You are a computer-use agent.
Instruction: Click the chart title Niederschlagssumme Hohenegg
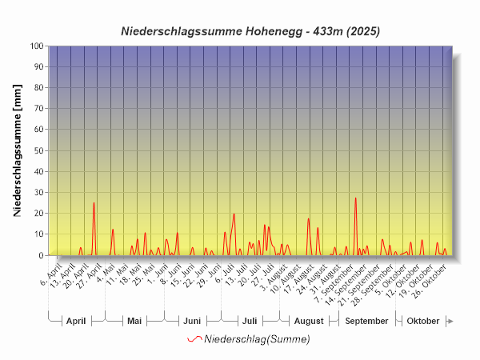tap(250, 32)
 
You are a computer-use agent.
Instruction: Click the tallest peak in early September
tap(356, 198)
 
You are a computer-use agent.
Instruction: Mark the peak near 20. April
tap(94, 203)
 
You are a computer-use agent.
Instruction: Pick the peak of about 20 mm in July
tap(234, 214)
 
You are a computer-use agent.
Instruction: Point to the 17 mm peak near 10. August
tap(308, 219)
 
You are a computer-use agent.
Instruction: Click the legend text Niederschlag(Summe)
tap(257, 339)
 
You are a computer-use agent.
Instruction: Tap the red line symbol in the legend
tap(194, 339)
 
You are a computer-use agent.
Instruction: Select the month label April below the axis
tap(76, 321)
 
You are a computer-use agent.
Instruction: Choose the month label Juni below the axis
tap(192, 321)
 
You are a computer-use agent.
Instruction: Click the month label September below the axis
tap(367, 321)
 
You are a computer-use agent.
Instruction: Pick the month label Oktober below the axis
tap(423, 321)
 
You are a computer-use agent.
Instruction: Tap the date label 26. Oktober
tap(437, 274)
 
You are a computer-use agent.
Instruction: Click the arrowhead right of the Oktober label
tap(450, 321)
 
